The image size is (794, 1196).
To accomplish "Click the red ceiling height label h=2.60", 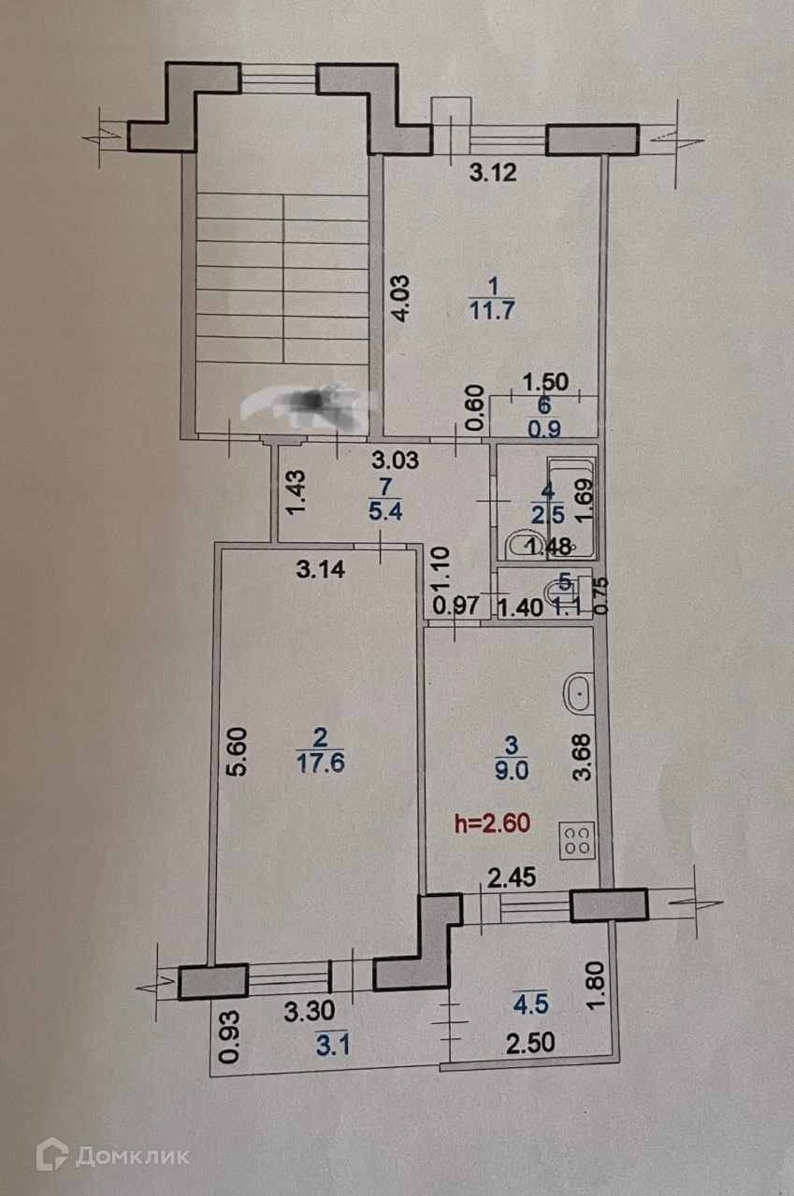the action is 492,823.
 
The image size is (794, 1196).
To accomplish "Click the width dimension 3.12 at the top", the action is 492,171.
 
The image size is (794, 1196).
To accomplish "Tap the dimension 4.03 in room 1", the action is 400,298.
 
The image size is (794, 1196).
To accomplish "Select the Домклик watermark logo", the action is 113,1155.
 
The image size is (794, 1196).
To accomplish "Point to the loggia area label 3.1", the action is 330,1047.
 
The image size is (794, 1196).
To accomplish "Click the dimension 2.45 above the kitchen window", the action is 510,876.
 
